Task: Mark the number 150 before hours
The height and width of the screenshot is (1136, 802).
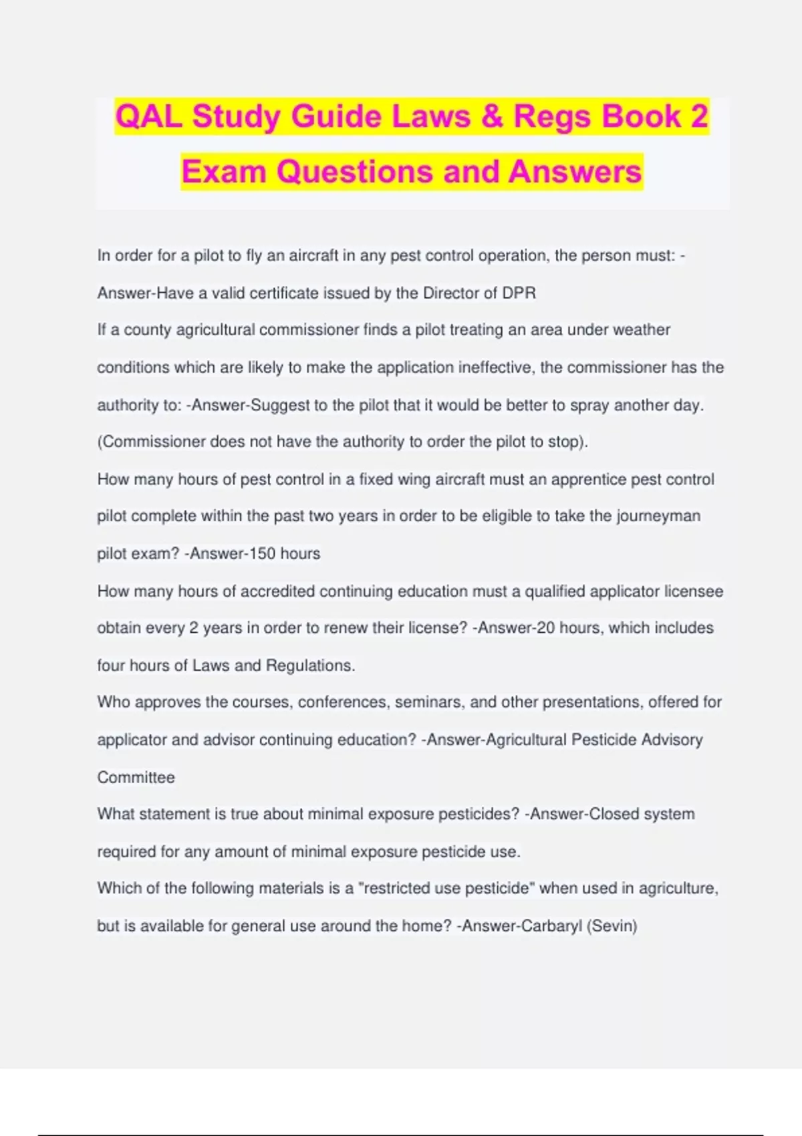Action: click(263, 554)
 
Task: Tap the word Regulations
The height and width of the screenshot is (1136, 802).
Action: click(310, 666)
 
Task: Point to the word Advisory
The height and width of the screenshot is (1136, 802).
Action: click(672, 740)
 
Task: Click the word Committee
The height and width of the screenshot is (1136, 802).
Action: click(136, 777)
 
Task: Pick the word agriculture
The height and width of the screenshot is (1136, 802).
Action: click(678, 889)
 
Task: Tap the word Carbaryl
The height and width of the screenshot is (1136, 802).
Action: click(551, 926)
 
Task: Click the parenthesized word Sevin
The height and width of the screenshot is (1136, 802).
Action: click(612, 926)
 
